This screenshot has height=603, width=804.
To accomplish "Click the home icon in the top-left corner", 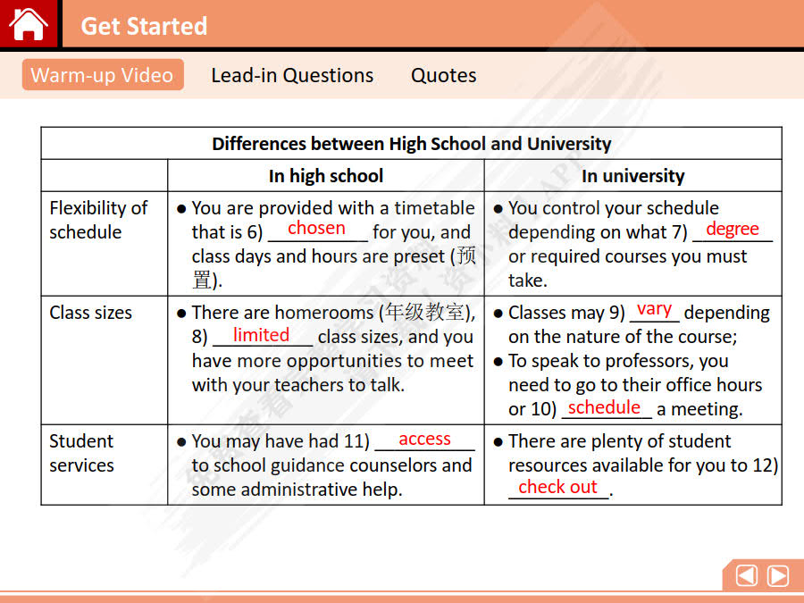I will (x=29, y=24).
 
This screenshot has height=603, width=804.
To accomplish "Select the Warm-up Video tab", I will (x=102, y=75).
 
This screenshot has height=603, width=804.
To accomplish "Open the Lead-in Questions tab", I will (x=292, y=75).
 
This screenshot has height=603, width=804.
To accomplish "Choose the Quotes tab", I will (x=443, y=75).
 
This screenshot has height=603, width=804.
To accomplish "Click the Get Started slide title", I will (x=144, y=26).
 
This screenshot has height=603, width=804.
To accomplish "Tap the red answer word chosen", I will (x=316, y=228).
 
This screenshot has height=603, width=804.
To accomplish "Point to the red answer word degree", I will (x=732, y=229).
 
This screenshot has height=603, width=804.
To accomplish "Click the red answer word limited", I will (x=261, y=335).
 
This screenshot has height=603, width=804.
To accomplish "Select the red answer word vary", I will (x=654, y=309).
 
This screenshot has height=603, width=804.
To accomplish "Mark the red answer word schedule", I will (x=604, y=407).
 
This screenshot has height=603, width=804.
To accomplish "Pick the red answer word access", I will (x=424, y=439).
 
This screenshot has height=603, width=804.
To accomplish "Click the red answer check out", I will (x=557, y=487).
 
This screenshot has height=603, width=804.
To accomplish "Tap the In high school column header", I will (x=326, y=176).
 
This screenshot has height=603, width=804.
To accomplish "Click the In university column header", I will (x=632, y=176).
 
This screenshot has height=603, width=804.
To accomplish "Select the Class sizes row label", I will (x=90, y=313).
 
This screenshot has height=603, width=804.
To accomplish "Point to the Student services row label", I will (x=81, y=453).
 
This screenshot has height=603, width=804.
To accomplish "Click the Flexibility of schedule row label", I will (x=98, y=220).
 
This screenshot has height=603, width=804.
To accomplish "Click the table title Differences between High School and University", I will (x=411, y=144).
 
